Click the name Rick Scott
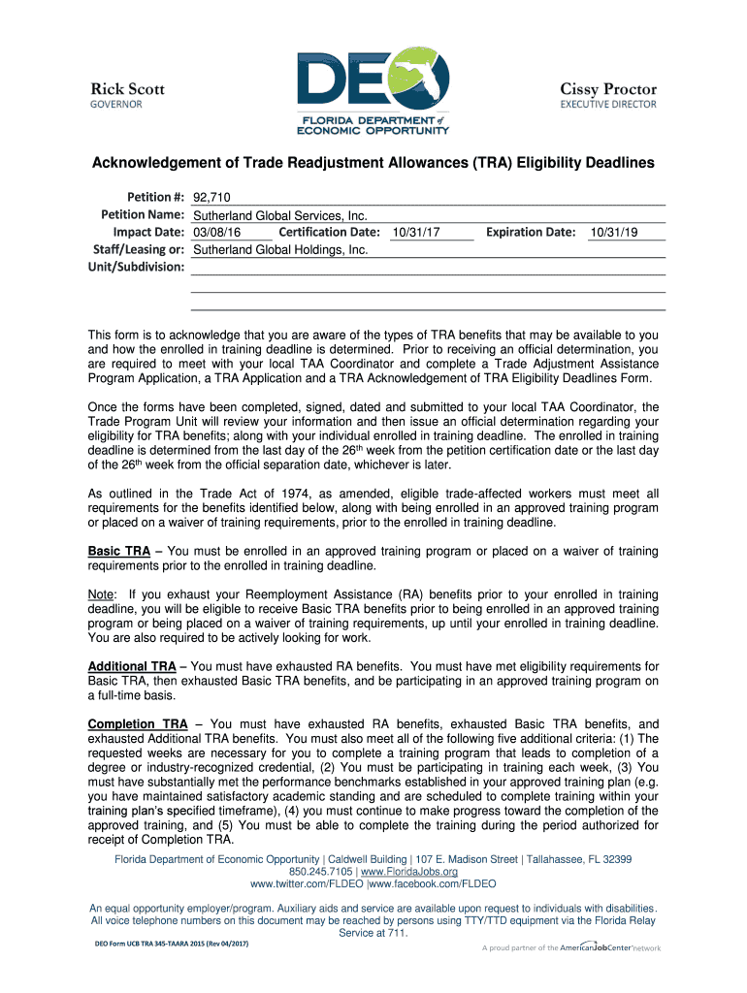(x=128, y=88)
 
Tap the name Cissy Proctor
(x=608, y=88)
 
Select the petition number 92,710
(x=211, y=197)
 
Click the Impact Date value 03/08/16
(x=217, y=233)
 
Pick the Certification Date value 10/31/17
(x=417, y=233)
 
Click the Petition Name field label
(x=143, y=214)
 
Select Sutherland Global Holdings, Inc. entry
(x=281, y=250)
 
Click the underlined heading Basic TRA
(x=119, y=552)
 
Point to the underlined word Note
(x=102, y=594)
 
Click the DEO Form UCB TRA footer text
(x=171, y=945)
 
